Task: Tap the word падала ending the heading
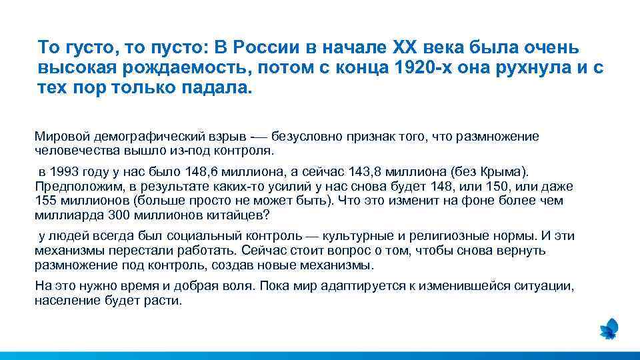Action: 217,89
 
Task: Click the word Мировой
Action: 62,137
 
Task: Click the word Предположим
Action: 75,187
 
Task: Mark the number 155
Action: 45,201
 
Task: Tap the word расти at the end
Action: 166,301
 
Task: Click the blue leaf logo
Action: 609,328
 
